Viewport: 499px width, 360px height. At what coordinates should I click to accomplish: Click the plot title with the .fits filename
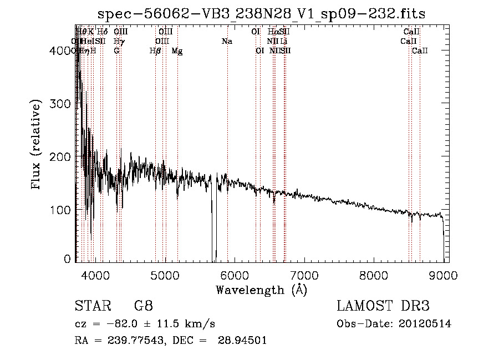pos(261,14)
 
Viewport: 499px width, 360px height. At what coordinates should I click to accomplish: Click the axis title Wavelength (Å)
pos(261,290)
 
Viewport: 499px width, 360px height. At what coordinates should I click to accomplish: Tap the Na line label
pos(227,42)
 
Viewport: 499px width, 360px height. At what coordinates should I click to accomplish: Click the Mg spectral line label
pos(177,51)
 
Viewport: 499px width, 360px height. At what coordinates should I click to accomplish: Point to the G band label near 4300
pos(116,50)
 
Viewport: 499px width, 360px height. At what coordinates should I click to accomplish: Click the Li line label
pos(283,42)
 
